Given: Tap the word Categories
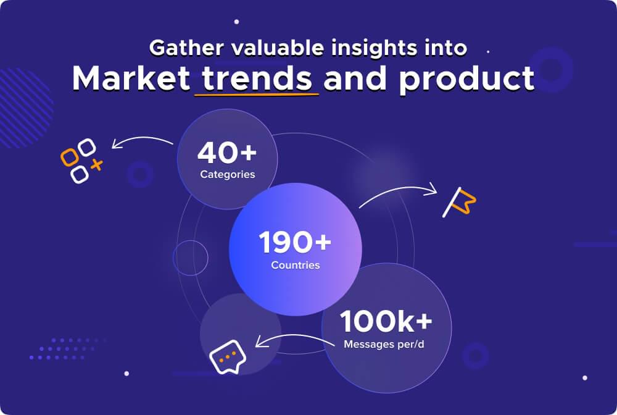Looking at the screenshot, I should point(227,174).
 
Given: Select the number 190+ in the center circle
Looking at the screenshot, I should point(295,243).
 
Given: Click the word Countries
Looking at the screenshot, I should point(296,266).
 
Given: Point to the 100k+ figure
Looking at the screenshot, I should point(386,322).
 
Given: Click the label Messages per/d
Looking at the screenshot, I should point(386,343).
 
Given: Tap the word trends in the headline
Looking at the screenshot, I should point(257,78).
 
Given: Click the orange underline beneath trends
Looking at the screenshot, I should point(257,95).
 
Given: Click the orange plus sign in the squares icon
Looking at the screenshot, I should point(96,165).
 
